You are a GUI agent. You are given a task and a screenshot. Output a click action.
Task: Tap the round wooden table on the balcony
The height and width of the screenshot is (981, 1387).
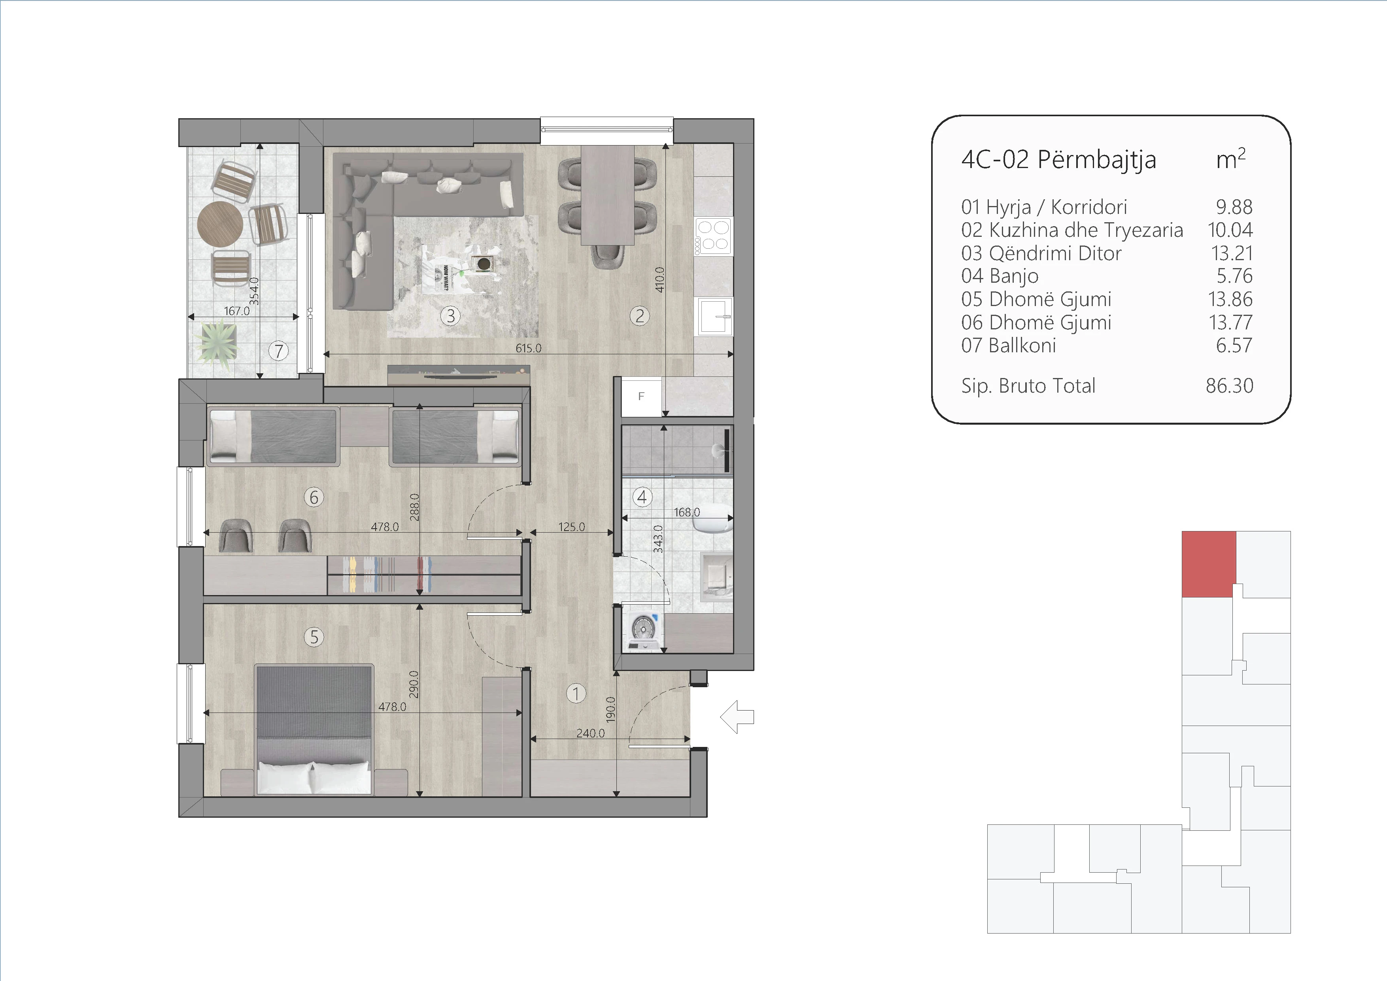(x=220, y=223)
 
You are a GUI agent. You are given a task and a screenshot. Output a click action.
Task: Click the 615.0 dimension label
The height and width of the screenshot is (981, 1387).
(x=529, y=348)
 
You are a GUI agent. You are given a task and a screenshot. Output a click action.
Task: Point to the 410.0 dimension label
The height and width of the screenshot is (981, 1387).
(x=659, y=280)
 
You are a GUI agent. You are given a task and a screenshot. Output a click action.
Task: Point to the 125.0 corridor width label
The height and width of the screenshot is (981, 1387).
(x=571, y=527)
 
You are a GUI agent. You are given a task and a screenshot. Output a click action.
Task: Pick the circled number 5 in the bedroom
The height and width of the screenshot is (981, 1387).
(x=314, y=637)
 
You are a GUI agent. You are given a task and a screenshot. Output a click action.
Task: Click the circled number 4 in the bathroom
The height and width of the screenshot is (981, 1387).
(x=642, y=497)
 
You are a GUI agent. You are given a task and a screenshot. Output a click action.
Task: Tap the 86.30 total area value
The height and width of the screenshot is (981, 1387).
(x=1229, y=386)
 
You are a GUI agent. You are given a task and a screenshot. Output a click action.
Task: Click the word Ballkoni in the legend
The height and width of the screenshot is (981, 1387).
(x=1022, y=346)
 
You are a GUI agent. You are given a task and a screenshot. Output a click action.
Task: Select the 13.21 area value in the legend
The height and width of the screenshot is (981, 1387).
(x=1232, y=253)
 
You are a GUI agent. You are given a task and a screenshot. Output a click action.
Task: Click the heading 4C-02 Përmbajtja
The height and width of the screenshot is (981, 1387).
(x=1058, y=159)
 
